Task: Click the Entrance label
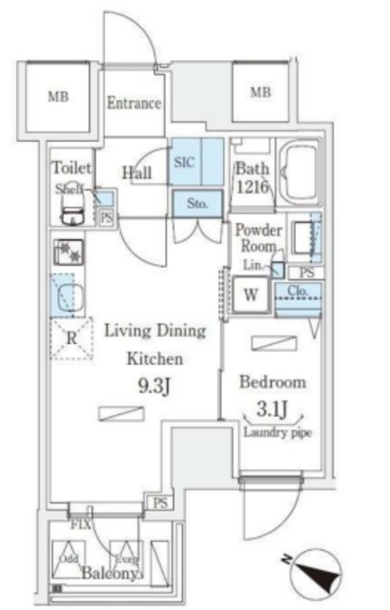coord(133,103)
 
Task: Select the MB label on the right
coord(259,92)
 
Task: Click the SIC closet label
coord(184,162)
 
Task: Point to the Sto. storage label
coord(197,203)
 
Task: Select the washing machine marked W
coord(252,294)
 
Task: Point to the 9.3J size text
coord(153,390)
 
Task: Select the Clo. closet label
coord(296,292)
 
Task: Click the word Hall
coord(137,172)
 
